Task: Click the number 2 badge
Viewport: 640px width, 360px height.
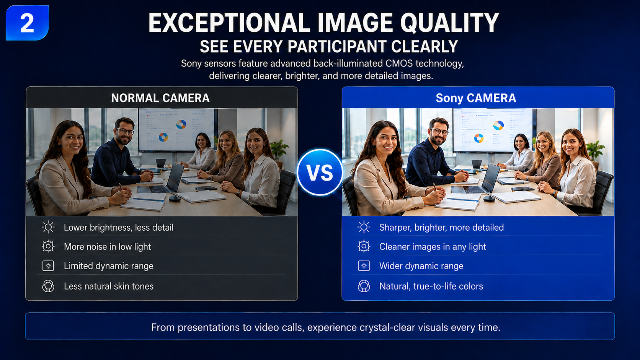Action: [x=27, y=23]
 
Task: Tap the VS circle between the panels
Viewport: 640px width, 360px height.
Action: [x=320, y=172]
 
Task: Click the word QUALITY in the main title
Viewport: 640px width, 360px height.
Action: [x=449, y=23]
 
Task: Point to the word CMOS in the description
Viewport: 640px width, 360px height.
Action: [x=399, y=64]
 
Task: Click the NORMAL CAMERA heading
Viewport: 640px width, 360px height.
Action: [x=160, y=98]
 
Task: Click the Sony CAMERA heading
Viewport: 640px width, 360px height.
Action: [x=476, y=98]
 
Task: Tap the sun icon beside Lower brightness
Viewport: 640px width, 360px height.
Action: [x=48, y=227]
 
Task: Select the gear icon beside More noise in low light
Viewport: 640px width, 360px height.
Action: [x=48, y=246]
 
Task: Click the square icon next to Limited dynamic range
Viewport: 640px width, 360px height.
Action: [x=48, y=266]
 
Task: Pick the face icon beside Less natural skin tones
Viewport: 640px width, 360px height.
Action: [x=48, y=286]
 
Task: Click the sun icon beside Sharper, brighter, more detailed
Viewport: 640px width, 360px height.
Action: [x=364, y=227]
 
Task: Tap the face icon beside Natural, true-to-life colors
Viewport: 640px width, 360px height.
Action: [x=364, y=286]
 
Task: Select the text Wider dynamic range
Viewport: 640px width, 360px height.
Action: [x=421, y=266]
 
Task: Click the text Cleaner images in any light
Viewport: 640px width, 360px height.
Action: [x=433, y=247]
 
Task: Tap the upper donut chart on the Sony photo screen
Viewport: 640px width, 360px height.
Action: [x=498, y=125]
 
